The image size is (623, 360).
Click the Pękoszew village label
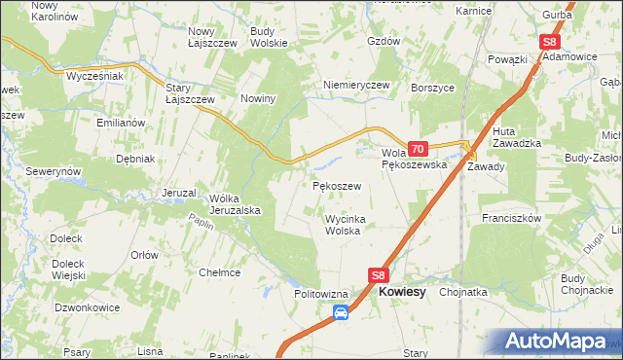click(x=337, y=185)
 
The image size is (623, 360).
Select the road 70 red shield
click(x=418, y=149)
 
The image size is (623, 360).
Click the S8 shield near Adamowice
click(x=549, y=42)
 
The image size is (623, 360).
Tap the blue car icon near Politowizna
click(x=341, y=312)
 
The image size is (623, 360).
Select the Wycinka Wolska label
click(x=343, y=225)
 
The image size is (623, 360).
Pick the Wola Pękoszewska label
click(x=414, y=159)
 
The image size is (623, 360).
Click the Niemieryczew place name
click(x=356, y=85)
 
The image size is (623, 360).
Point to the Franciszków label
click(x=510, y=219)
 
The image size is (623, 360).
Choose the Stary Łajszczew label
click(x=190, y=93)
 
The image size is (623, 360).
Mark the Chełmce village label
click(x=219, y=272)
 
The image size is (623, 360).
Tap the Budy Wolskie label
click(x=269, y=37)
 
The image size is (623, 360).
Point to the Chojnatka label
click(x=463, y=291)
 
